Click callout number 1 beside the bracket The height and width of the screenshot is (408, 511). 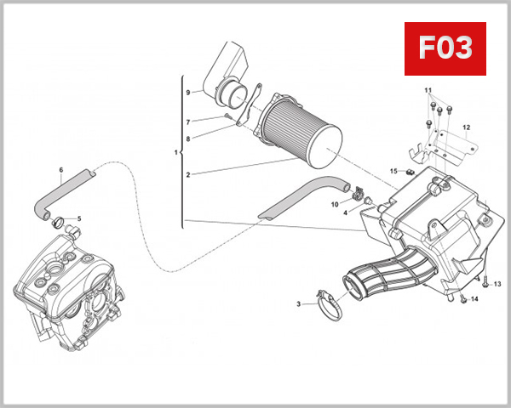pos(175,153)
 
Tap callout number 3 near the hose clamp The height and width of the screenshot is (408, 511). pos(299,303)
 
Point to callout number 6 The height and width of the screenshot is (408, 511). pos(60,170)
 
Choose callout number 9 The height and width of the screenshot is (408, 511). pos(188,91)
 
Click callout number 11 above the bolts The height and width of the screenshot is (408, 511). pos(429,90)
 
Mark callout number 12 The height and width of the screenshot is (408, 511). pos(466,127)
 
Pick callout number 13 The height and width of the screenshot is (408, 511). pos(497,283)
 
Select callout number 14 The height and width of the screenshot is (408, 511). pos(475,299)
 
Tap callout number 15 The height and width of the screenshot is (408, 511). pos(393,171)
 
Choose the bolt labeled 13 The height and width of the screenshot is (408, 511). pos(484,283)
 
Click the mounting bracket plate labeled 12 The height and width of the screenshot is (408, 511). pos(447,144)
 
